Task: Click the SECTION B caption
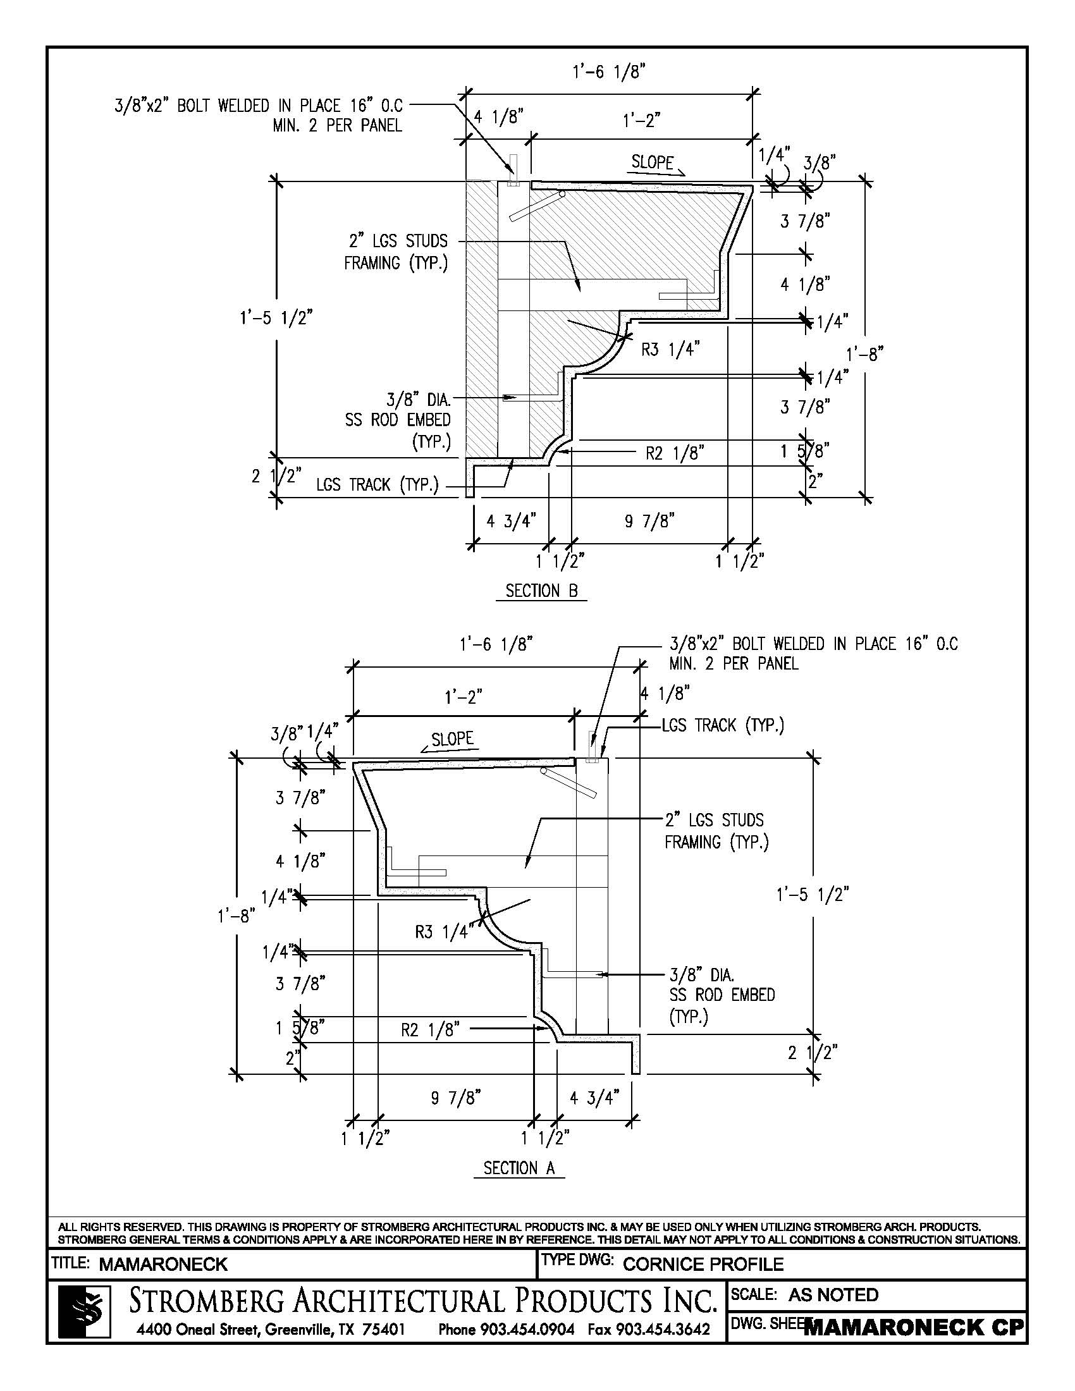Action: pyautogui.click(x=541, y=591)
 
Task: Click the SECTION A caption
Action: pyautogui.click(x=519, y=1167)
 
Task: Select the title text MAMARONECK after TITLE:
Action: pyautogui.click(x=163, y=1265)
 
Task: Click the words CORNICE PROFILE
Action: pyautogui.click(x=703, y=1265)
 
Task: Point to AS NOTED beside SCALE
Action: pyautogui.click(x=833, y=1295)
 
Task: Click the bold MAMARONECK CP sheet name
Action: pyautogui.click(x=914, y=1328)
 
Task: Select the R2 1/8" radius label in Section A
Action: pyautogui.click(x=430, y=1031)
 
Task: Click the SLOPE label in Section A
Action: pyautogui.click(x=452, y=738)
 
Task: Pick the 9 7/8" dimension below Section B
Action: pyautogui.click(x=649, y=522)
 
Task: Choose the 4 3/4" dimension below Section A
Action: pyautogui.click(x=594, y=1098)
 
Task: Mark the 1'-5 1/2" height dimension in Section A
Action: pyautogui.click(x=812, y=895)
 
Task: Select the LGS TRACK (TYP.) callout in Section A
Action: pyautogui.click(x=723, y=725)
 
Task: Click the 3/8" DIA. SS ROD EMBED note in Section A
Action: pyautogui.click(x=722, y=994)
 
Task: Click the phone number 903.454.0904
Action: pyautogui.click(x=507, y=1329)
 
